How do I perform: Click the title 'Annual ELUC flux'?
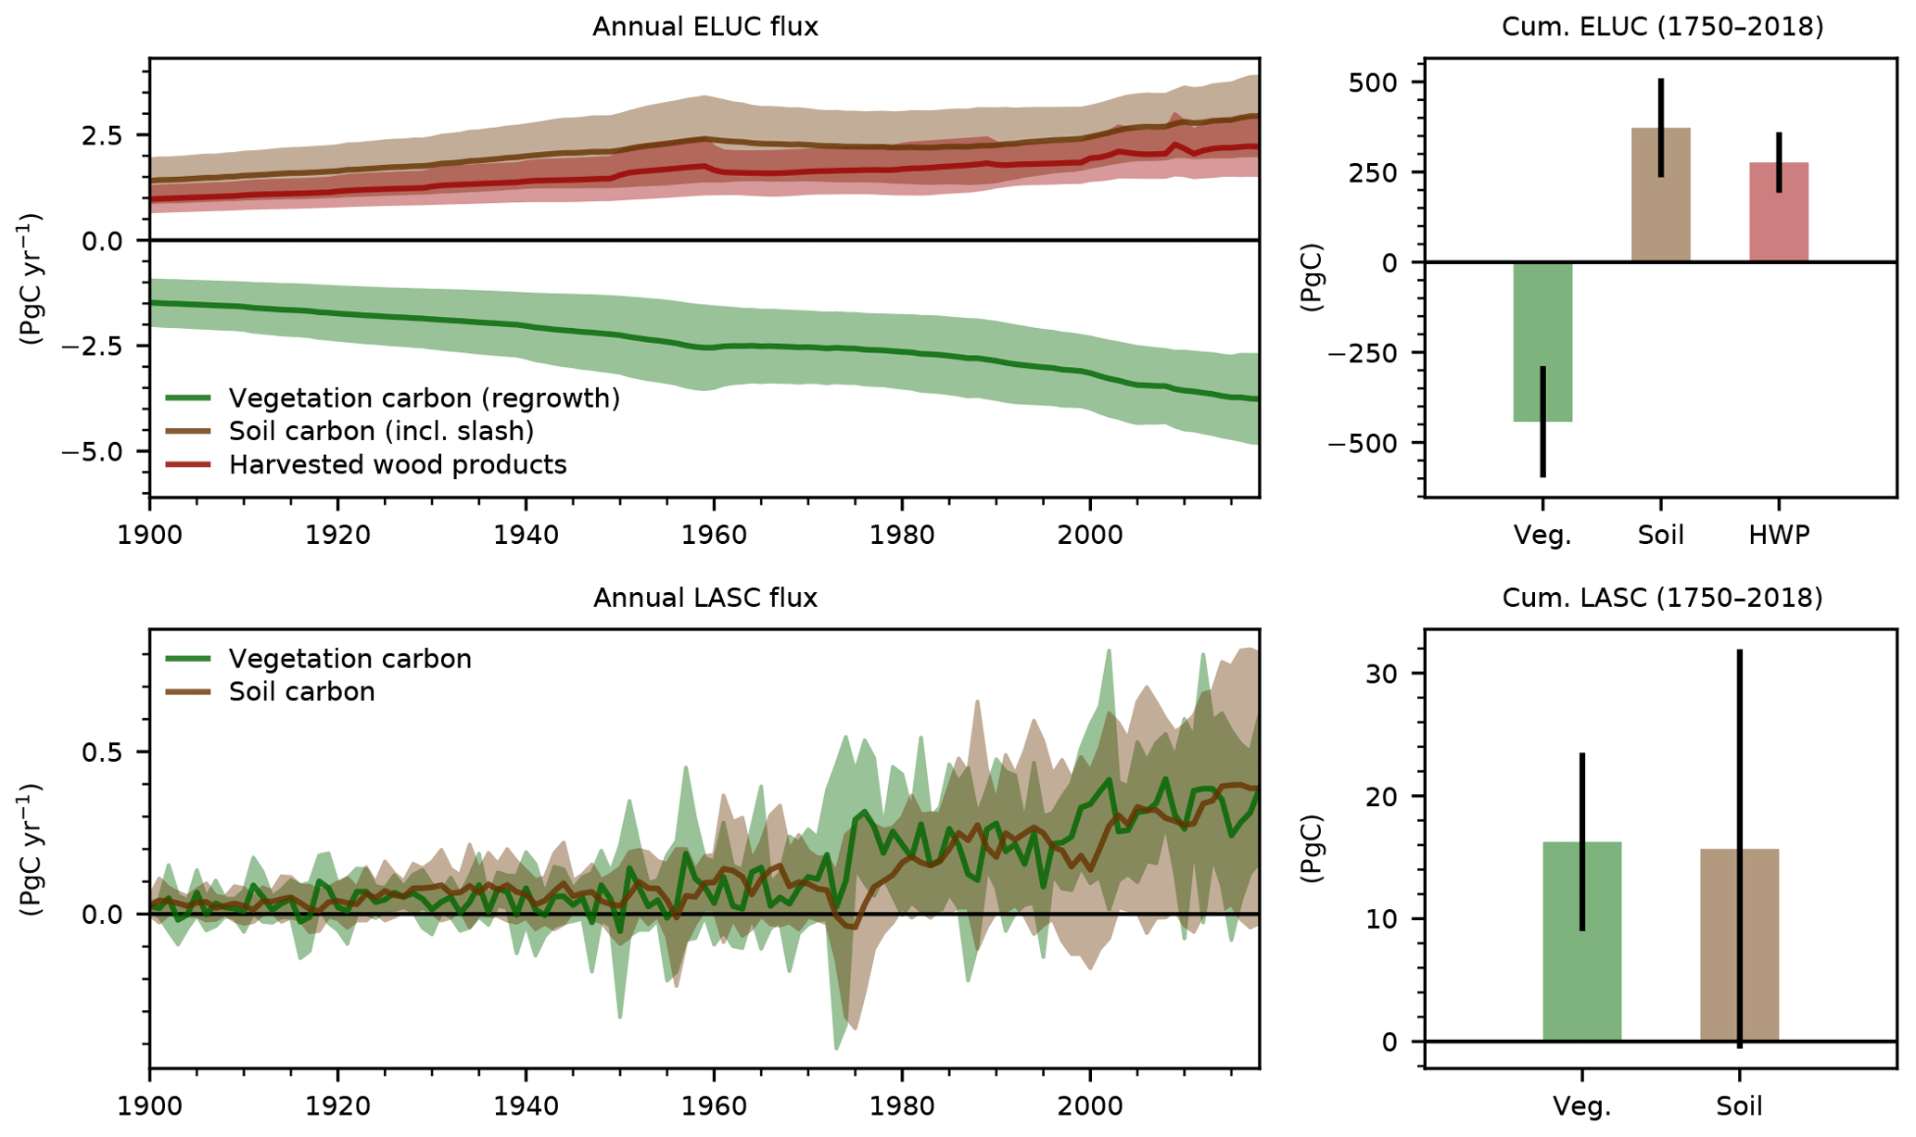point(704,26)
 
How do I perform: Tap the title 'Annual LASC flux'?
point(704,598)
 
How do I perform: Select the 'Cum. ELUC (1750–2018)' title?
point(1662,26)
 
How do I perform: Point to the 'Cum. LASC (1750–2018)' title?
point(1662,598)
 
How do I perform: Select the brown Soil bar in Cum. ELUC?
point(1660,195)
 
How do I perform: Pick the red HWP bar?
point(1778,212)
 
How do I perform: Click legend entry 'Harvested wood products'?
point(397,464)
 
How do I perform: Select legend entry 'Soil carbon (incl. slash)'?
point(381,431)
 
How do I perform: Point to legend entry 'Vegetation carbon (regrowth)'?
point(424,398)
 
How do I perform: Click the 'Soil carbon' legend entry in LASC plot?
point(301,691)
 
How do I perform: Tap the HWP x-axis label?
point(1779,535)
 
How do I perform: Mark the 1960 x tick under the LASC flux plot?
point(714,1105)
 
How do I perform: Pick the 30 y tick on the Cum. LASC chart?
point(1381,674)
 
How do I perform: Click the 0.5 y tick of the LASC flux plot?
point(102,752)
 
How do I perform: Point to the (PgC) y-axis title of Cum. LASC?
point(1311,848)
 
